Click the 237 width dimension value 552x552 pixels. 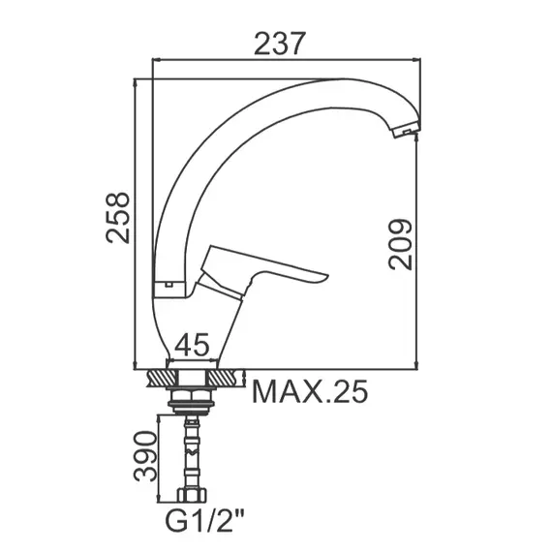click(x=278, y=44)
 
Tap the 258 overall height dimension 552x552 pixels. click(x=118, y=218)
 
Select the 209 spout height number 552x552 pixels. click(x=400, y=245)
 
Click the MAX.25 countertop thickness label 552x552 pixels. click(x=310, y=391)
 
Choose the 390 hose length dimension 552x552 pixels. click(x=144, y=456)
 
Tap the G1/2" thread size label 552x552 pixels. click(x=205, y=522)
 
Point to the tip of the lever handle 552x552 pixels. click(x=327, y=276)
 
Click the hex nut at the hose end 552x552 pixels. click(x=192, y=494)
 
